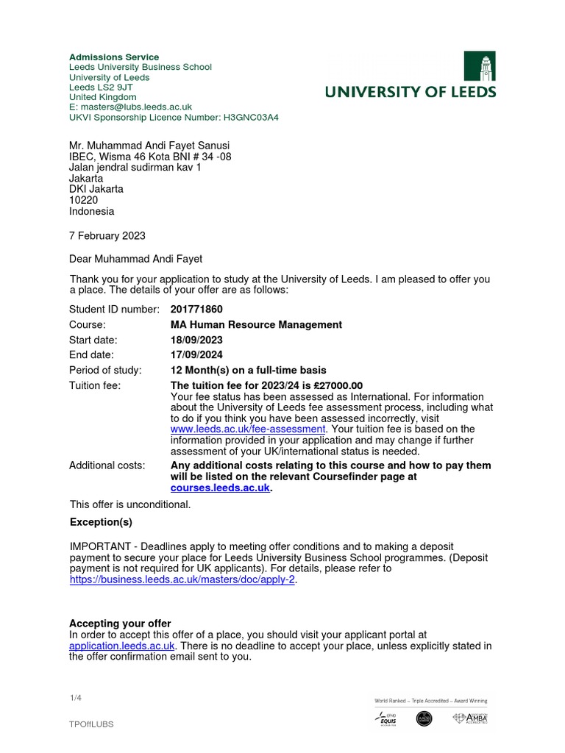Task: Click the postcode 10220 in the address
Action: pos(82,200)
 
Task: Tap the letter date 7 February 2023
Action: pos(107,236)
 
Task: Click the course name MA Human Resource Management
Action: pos(256,324)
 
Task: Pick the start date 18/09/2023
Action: pos(196,340)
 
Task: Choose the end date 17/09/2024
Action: pos(196,355)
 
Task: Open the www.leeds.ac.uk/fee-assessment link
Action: pos(248,429)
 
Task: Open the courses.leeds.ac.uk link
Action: pos(220,488)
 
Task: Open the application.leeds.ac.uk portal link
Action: pos(121,646)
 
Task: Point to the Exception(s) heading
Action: pos(101,522)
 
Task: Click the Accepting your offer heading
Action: pos(120,624)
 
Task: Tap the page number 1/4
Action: pos(74,699)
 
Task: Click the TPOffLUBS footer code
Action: pos(91,724)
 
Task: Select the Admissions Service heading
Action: pos(114,57)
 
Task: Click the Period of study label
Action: pos(105,370)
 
